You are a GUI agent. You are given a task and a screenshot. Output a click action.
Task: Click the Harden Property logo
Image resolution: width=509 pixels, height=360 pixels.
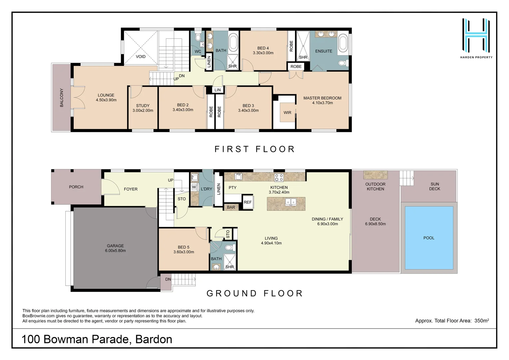click(x=476, y=38)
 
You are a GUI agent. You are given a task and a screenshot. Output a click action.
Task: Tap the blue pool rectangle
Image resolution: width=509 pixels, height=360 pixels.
click(x=429, y=238)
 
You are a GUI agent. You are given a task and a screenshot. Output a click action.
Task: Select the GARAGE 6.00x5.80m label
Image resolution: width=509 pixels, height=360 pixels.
click(x=115, y=248)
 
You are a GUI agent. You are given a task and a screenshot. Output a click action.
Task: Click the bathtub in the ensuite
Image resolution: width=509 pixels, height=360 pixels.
click(x=343, y=44)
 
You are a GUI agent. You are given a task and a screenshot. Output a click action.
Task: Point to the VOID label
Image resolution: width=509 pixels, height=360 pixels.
click(x=141, y=56)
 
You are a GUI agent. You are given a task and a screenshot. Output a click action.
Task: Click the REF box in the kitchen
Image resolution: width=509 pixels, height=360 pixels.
click(x=248, y=202)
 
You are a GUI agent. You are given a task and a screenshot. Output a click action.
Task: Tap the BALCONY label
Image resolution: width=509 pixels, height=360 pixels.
click(x=62, y=98)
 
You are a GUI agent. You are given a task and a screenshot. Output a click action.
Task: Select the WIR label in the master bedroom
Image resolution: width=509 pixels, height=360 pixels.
click(x=287, y=113)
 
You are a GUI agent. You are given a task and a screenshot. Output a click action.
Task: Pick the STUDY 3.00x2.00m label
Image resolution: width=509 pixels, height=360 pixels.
click(x=143, y=108)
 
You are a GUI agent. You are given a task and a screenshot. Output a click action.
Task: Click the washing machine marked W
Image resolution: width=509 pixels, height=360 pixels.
click(x=194, y=187)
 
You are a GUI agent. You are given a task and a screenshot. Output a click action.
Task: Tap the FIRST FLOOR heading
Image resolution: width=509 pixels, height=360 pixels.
click(x=254, y=149)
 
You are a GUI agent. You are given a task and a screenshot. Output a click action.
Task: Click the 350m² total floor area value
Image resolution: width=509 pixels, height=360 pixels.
click(x=481, y=321)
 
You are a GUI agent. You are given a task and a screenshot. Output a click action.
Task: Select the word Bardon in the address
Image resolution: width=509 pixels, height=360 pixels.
click(x=154, y=339)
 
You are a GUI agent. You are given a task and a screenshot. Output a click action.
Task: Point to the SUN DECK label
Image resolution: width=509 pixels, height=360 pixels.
click(x=434, y=186)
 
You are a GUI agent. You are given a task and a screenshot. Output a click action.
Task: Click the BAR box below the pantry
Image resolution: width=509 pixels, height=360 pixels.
click(x=231, y=207)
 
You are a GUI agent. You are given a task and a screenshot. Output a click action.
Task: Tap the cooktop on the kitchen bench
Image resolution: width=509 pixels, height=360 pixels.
click(x=279, y=177)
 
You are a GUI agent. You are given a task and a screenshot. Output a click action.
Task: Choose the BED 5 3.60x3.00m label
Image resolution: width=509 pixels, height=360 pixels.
click(x=184, y=249)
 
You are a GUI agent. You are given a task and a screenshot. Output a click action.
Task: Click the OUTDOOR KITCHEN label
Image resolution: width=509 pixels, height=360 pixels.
click(x=375, y=186)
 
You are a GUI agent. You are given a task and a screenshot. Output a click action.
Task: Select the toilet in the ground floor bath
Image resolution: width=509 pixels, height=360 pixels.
click(x=229, y=248)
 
